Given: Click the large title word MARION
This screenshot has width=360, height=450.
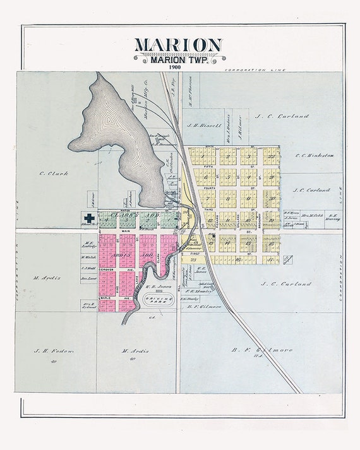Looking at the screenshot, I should [x=177, y=45].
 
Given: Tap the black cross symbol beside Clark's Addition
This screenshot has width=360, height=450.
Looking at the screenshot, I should [x=90, y=218].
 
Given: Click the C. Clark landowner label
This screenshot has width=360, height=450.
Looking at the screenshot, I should [x=53, y=173].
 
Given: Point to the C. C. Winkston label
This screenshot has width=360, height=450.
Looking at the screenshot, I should [x=315, y=155].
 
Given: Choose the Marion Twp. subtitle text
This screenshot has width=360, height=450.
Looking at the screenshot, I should [x=177, y=60].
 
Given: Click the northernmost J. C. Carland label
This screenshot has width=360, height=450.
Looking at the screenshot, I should [x=282, y=117].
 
